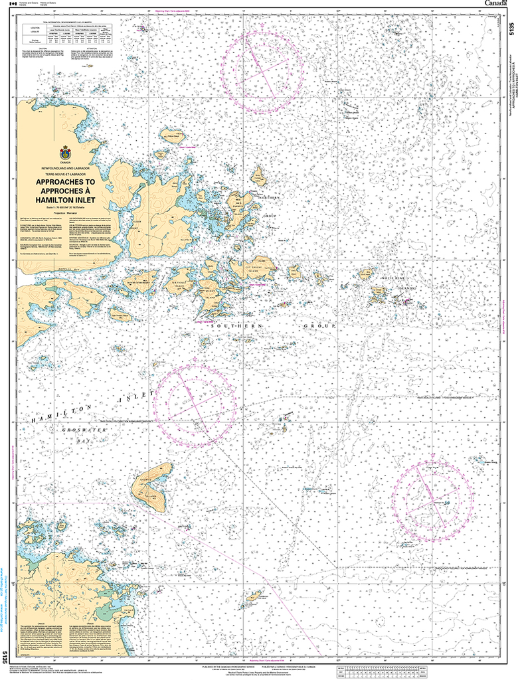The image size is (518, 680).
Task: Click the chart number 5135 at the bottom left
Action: point(5,657)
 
